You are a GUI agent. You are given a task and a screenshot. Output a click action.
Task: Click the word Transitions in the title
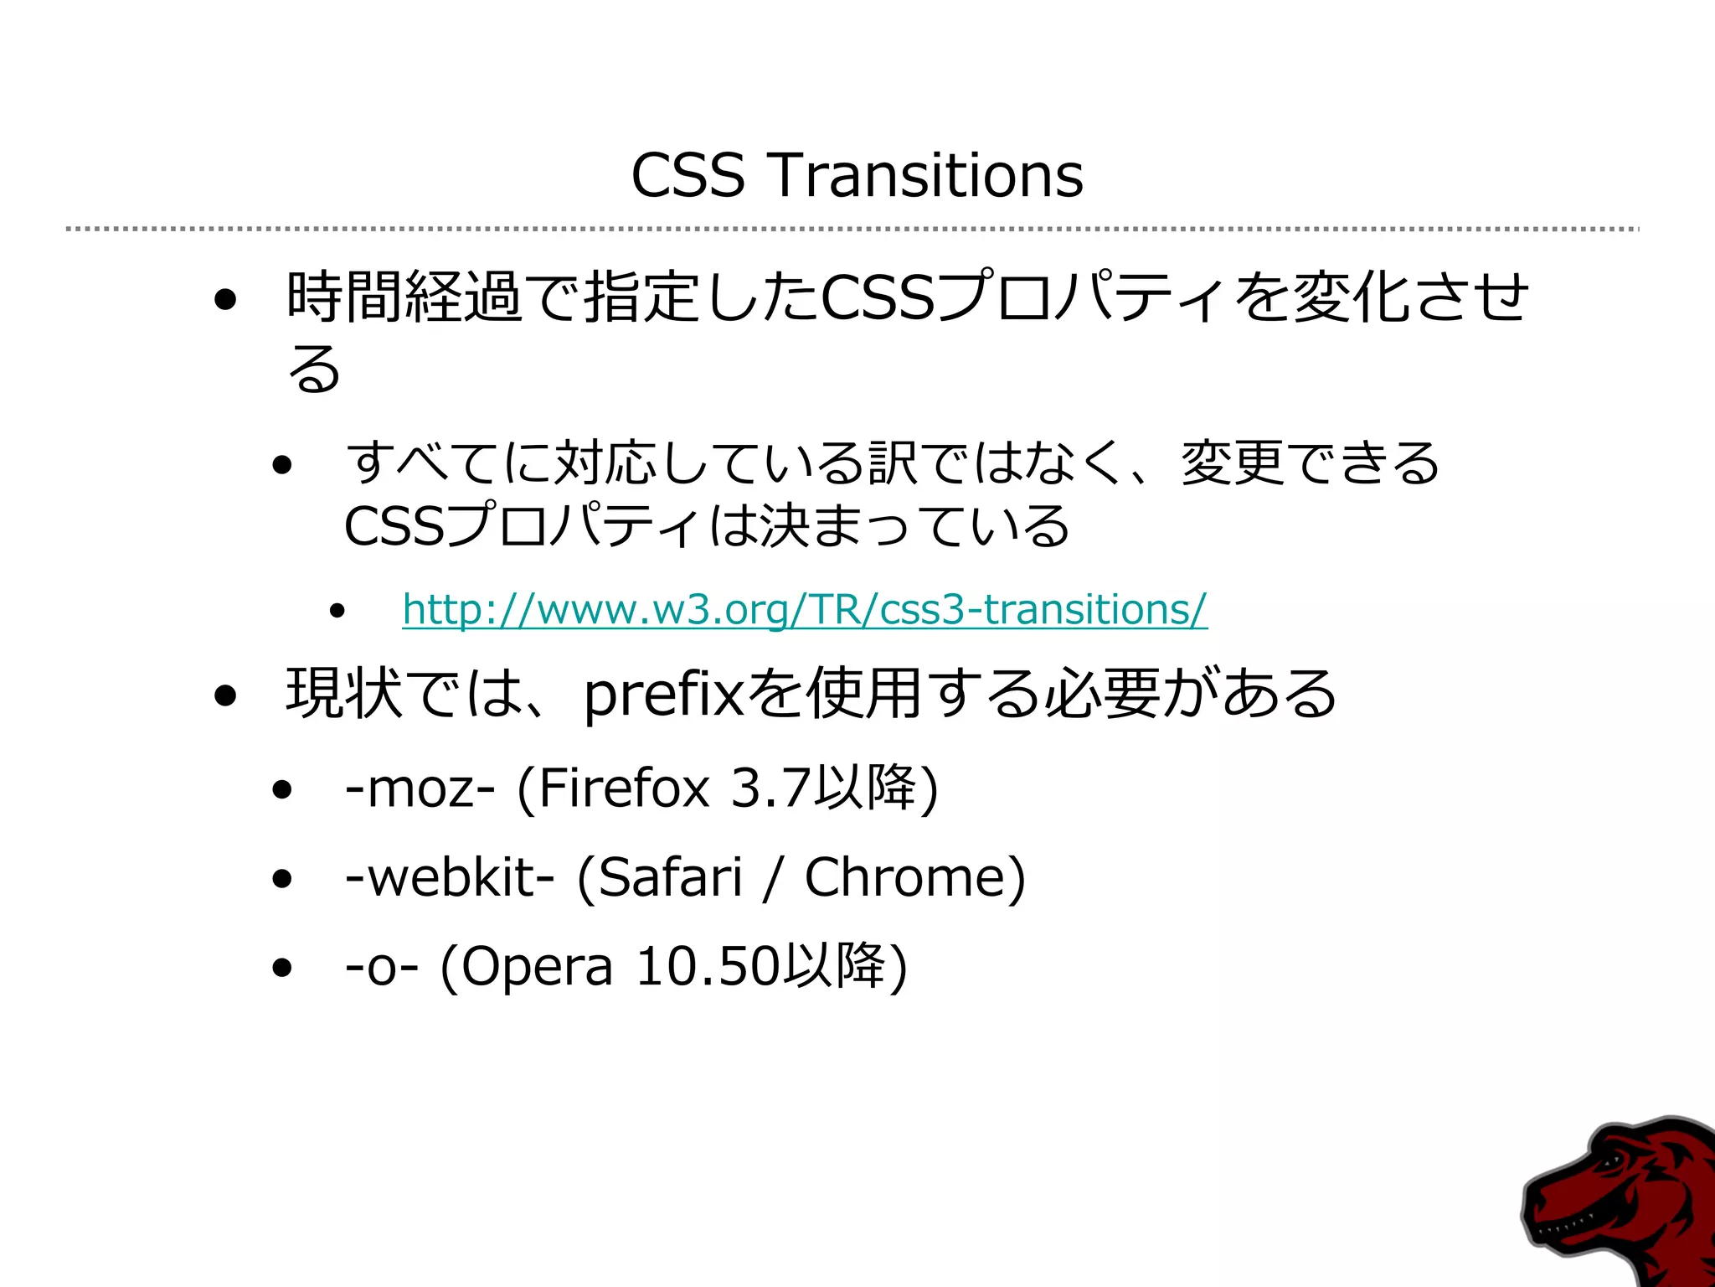[925, 176]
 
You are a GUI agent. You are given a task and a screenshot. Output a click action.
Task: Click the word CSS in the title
[688, 176]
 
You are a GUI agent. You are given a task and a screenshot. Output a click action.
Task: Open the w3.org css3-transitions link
[804, 609]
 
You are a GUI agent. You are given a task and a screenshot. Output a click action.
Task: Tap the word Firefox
[624, 788]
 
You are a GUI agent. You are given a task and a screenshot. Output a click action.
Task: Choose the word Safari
[671, 877]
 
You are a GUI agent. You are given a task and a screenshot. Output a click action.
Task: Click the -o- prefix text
[381, 967]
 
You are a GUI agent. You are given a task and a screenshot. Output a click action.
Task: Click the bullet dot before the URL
[337, 611]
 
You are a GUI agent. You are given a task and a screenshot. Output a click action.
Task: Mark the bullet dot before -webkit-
[282, 878]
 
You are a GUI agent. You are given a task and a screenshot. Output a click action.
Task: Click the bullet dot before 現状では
[224, 695]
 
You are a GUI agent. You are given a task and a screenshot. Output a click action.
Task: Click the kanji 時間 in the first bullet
[344, 297]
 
